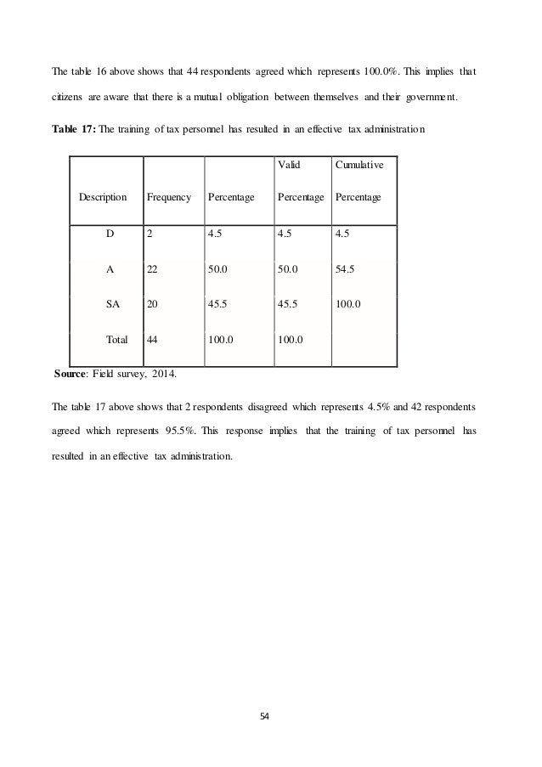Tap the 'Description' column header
(x=103, y=197)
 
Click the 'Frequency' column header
(x=168, y=197)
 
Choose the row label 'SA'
(x=112, y=299)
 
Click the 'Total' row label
(x=116, y=339)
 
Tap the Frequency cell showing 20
(x=153, y=299)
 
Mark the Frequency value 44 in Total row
(x=153, y=339)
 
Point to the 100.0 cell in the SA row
(x=348, y=299)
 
